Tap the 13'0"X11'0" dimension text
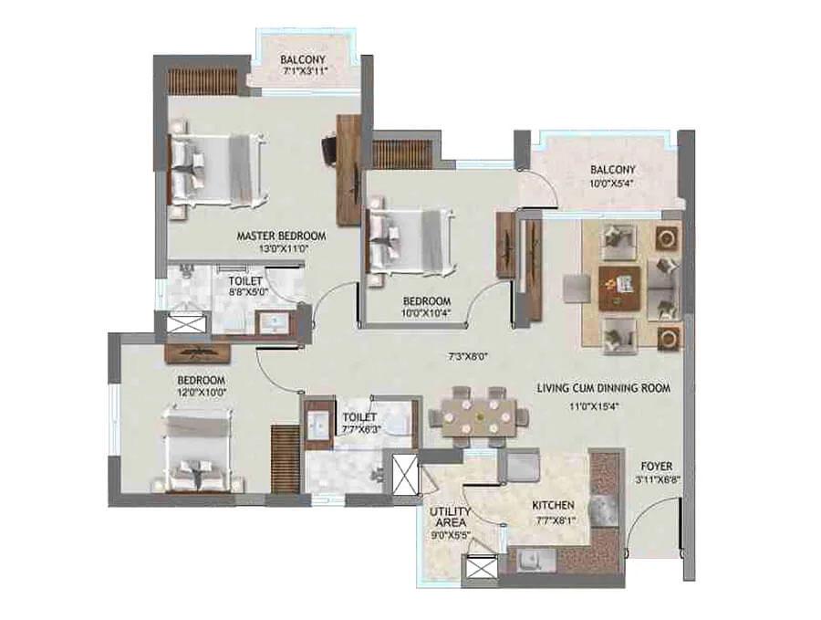pos(281,248)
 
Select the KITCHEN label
pos(554,505)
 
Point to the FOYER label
pos(656,463)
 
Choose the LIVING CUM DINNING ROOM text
pos(603,388)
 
